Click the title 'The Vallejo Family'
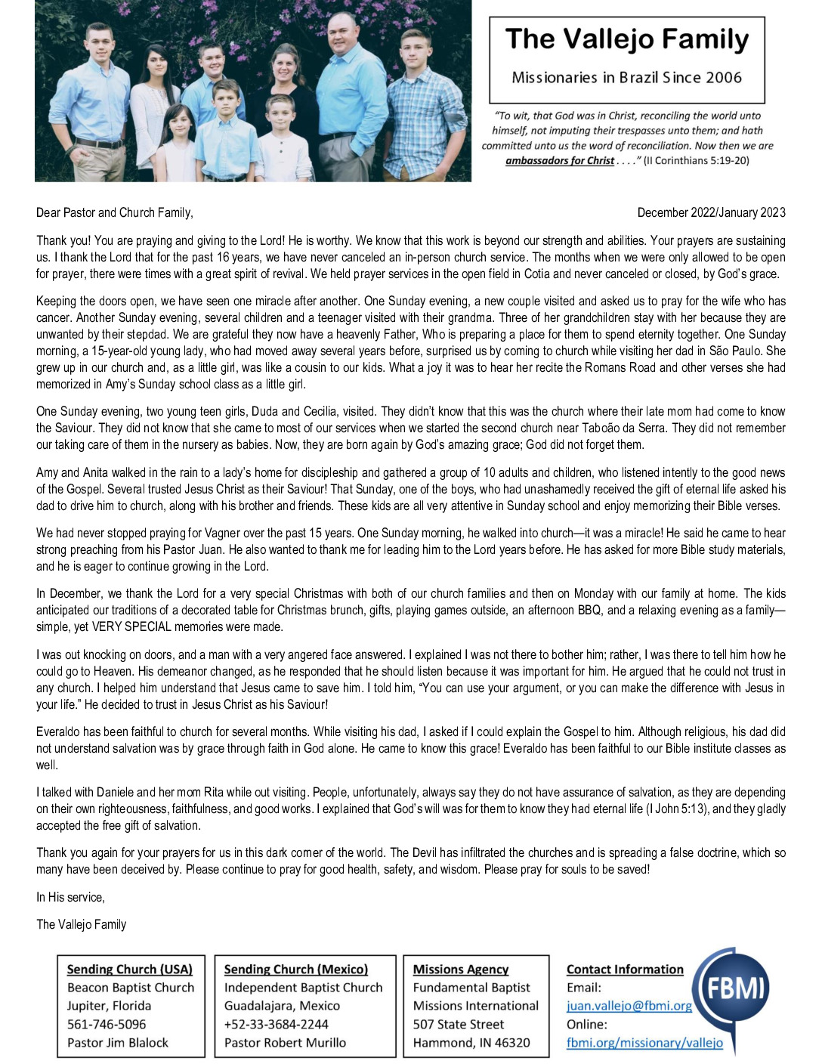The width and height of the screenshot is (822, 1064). pyautogui.click(x=626, y=39)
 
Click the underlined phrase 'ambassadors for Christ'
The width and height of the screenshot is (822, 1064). pyautogui.click(x=559, y=161)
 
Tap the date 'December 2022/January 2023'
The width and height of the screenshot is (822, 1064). pyautogui.click(x=711, y=213)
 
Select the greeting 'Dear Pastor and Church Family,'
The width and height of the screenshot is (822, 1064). pyautogui.click(x=115, y=213)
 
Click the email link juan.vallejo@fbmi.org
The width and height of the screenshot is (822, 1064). pyautogui.click(x=629, y=1006)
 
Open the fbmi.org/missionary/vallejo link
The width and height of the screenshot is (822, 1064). pyautogui.click(x=644, y=1043)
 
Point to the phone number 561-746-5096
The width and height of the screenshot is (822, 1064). pyautogui.click(x=107, y=1025)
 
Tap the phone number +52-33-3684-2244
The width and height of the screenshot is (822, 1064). pyautogui.click(x=276, y=1025)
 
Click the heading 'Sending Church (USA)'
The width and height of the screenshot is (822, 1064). pyautogui.click(x=129, y=970)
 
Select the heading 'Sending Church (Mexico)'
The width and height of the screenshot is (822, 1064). pyautogui.click(x=295, y=970)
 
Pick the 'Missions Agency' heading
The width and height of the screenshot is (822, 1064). pyautogui.click(x=460, y=970)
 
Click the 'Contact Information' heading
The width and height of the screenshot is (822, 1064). pyautogui.click(x=624, y=970)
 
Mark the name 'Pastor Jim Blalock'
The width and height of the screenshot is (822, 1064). pyautogui.click(x=118, y=1043)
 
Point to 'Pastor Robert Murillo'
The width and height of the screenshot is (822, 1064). pyautogui.click(x=285, y=1043)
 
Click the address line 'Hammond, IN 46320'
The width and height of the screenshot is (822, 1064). pyautogui.click(x=471, y=1043)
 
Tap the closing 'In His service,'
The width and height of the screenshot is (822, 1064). pyautogui.click(x=70, y=898)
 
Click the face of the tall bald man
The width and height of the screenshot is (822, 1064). pyautogui.click(x=344, y=32)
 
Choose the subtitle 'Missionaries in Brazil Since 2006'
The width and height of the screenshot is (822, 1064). pyautogui.click(x=626, y=78)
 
